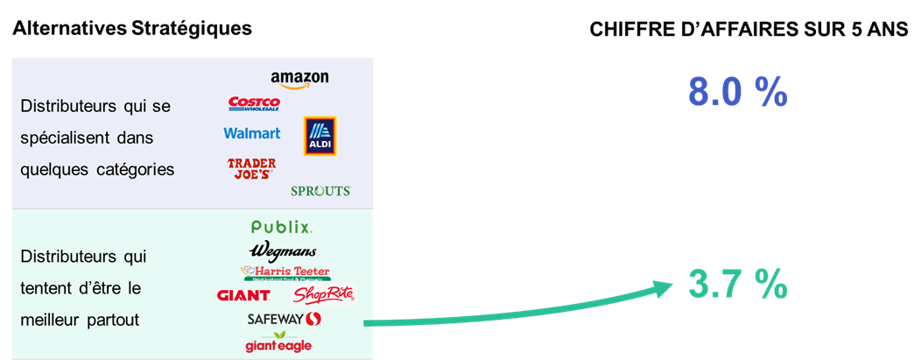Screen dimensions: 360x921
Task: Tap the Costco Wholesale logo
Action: point(253,103)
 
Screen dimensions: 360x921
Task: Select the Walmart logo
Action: point(252,133)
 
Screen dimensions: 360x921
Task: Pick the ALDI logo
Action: point(320,136)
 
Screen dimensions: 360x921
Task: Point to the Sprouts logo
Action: point(320,191)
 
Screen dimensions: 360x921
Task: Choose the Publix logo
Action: point(282,228)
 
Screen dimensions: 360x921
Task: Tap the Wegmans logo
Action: point(282,251)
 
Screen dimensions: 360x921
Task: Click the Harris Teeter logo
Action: point(285,272)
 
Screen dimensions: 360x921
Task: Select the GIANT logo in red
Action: point(243,296)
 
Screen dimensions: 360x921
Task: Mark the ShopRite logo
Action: point(324,294)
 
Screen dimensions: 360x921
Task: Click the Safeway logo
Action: point(285,319)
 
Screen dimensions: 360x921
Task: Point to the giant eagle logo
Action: point(278,342)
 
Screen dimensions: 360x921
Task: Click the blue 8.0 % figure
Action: point(738,92)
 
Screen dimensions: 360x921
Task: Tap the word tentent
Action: point(45,288)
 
